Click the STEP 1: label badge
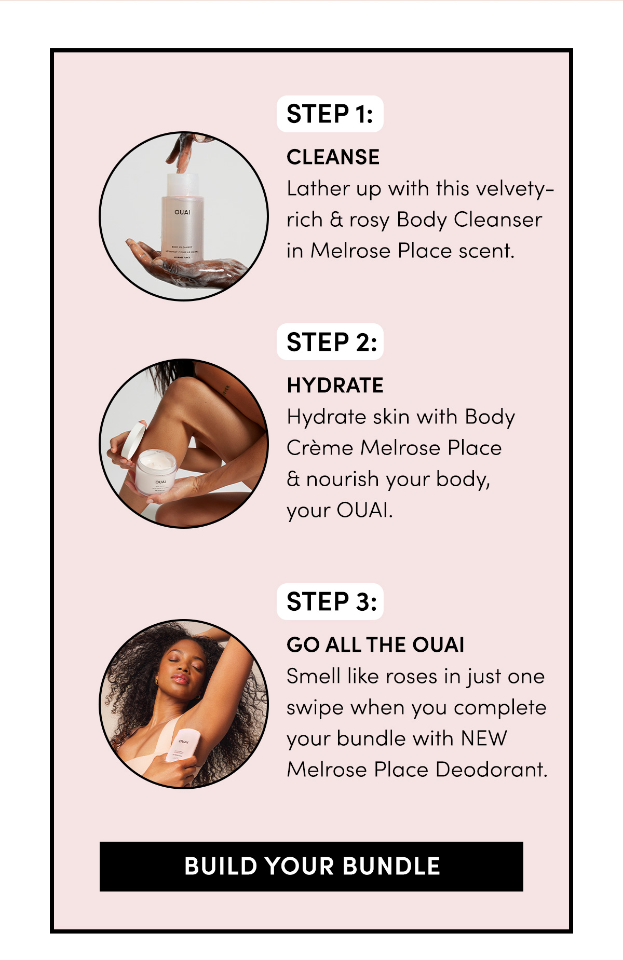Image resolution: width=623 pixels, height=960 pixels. coord(330,114)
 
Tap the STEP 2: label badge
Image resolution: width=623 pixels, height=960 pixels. coord(330,342)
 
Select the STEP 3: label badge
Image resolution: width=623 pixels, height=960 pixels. coord(330,601)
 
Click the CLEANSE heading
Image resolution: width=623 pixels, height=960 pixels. coord(333,157)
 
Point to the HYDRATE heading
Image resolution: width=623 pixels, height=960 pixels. coord(335,386)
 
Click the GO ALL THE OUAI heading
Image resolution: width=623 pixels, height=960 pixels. coord(375,645)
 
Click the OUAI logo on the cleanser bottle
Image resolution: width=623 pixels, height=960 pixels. coord(182,212)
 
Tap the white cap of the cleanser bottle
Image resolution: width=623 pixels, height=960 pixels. coord(183,185)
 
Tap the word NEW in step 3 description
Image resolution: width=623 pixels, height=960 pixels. coord(484,738)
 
